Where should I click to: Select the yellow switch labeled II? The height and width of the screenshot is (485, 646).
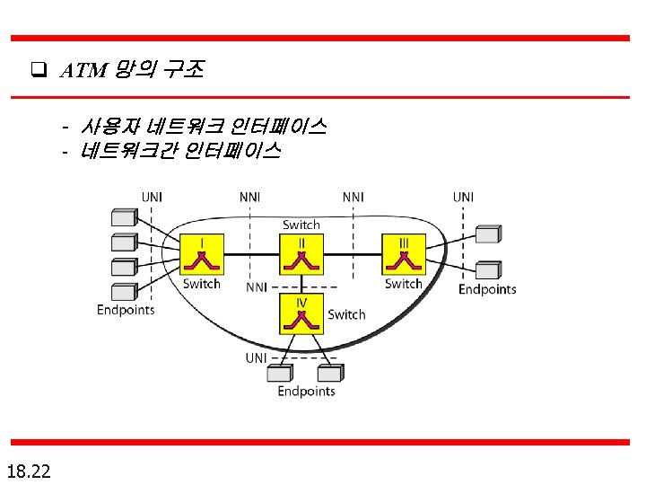tap(301, 254)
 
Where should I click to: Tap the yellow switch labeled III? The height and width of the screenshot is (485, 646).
tap(404, 254)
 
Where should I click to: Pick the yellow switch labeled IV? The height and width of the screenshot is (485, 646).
tap(301, 313)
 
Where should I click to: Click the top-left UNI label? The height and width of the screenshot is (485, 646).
tap(151, 197)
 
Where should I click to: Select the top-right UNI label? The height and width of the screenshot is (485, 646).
tap(463, 197)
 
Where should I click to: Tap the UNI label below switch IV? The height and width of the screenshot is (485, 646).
tap(256, 357)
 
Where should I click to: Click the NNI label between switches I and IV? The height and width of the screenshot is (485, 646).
tap(257, 287)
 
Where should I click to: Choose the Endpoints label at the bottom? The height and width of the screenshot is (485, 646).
tap(306, 391)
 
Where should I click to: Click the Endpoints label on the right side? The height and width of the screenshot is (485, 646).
tap(487, 289)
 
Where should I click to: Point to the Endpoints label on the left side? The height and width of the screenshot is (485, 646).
tap(126, 310)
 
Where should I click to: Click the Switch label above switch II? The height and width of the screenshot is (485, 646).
tap(301, 225)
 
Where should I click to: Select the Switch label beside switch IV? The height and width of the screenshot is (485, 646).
tap(346, 314)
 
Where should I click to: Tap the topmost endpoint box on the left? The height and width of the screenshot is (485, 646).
tap(123, 217)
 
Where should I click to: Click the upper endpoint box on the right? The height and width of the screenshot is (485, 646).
tap(487, 234)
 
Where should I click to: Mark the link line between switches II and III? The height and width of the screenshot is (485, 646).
tap(353, 254)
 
